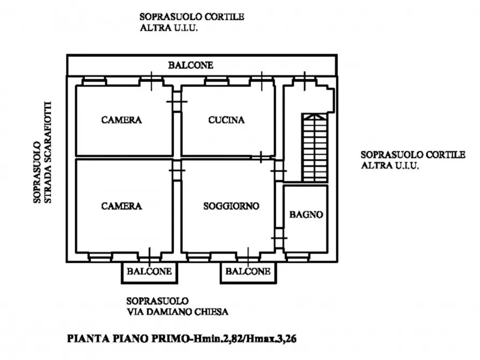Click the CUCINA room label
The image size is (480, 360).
(226, 120)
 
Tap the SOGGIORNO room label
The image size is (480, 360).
(231, 206)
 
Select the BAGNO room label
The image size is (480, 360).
(306, 214)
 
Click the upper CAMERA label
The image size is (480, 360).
(121, 120)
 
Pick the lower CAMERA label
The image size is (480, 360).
(121, 206)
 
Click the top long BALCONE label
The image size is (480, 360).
(190, 66)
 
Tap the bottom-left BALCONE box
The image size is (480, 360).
(149, 272)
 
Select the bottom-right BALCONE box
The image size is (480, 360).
(248, 272)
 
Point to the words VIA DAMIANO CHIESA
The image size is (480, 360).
(177, 312)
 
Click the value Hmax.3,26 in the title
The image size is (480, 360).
(279, 340)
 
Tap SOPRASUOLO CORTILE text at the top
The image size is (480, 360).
(192, 17)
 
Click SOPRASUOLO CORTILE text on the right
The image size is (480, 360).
(412, 155)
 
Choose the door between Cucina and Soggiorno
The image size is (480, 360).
(261, 157)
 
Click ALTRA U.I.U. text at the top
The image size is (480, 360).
(169, 28)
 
